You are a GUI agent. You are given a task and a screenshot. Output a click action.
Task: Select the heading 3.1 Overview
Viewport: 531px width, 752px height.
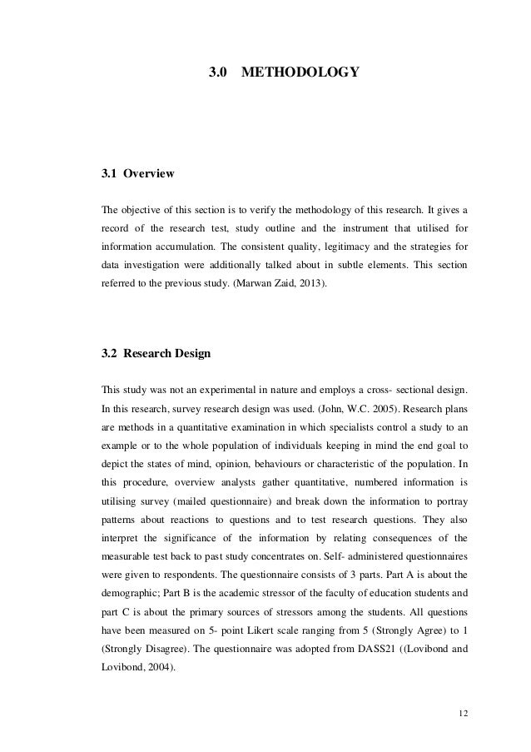point(137,175)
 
